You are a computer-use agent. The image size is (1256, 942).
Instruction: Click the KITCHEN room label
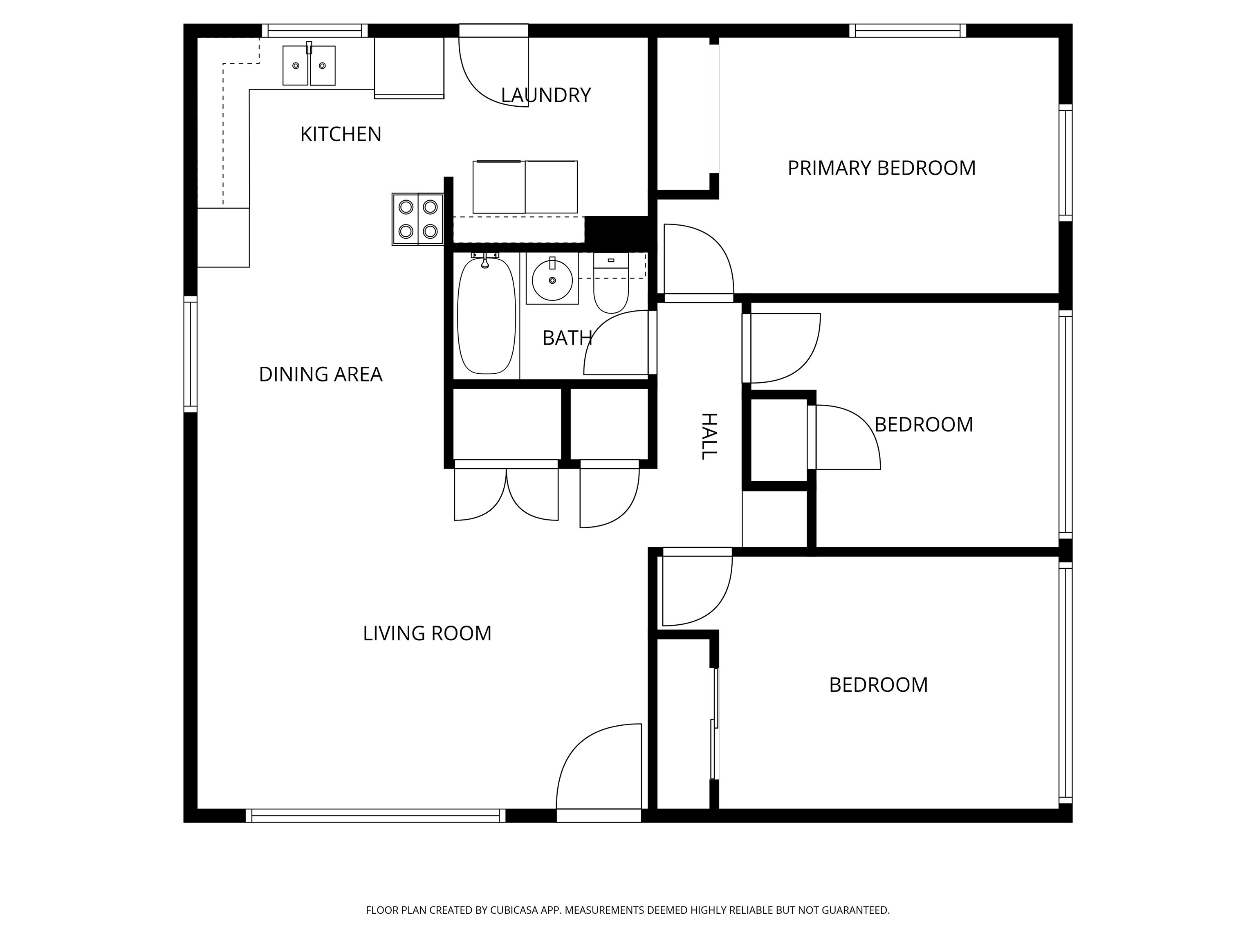[340, 135]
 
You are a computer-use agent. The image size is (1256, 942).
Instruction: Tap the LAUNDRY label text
[546, 95]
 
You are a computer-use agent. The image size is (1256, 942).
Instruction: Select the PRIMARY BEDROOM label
[881, 168]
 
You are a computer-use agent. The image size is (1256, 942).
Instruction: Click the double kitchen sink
[309, 66]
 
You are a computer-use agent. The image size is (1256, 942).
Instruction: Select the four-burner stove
[418, 219]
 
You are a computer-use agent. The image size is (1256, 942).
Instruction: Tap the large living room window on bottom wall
[375, 815]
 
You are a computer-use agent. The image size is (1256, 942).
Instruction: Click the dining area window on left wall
[190, 354]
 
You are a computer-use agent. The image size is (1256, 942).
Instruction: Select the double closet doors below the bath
[506, 491]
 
